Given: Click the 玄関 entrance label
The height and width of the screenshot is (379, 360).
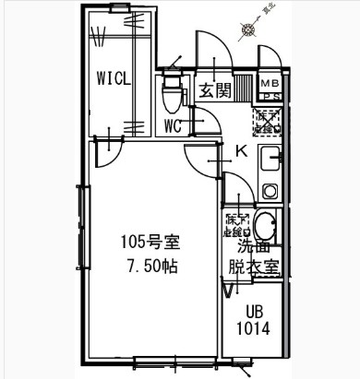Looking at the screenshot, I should [x=214, y=90].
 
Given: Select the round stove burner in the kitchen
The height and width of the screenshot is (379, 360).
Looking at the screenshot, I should [x=270, y=191].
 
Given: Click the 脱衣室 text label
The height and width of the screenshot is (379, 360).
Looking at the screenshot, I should [x=255, y=266].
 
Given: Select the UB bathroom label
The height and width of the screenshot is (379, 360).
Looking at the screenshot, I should [x=254, y=312].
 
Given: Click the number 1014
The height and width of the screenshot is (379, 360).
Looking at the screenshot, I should [x=254, y=328].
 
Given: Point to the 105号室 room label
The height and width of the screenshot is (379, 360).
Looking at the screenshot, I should [x=150, y=243].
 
